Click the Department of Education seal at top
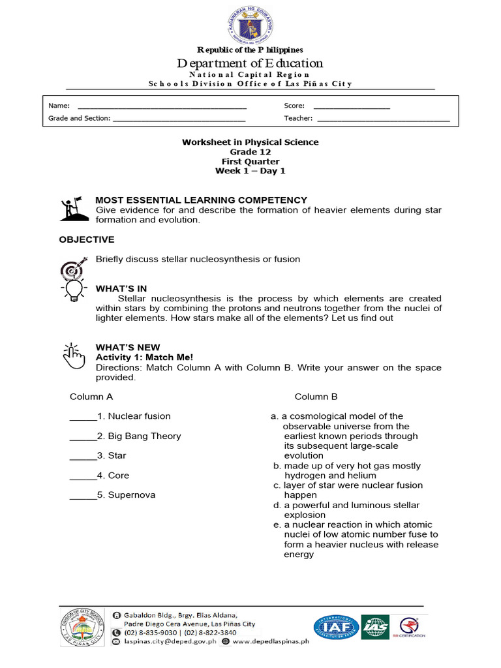(250, 24)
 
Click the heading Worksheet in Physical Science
(250, 142)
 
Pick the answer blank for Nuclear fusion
(83, 417)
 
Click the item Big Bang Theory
(144, 436)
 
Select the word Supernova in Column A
(131, 494)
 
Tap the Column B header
(316, 396)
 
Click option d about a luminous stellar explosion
(346, 509)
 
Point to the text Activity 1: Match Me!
(144, 357)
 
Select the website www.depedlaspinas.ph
(270, 641)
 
